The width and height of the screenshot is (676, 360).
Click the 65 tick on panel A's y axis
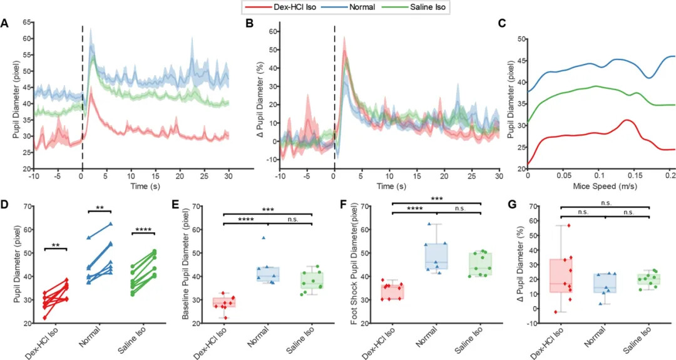pos(27,22)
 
